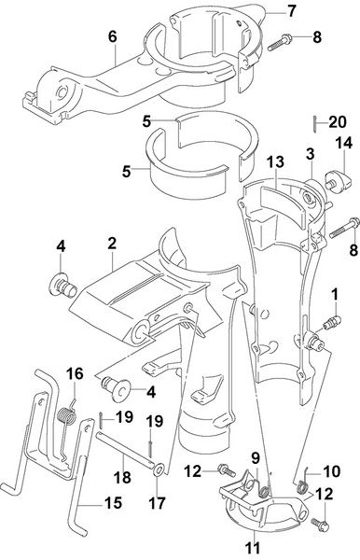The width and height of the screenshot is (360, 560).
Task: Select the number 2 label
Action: point(111,243)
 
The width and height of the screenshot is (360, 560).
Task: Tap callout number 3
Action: point(309,150)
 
